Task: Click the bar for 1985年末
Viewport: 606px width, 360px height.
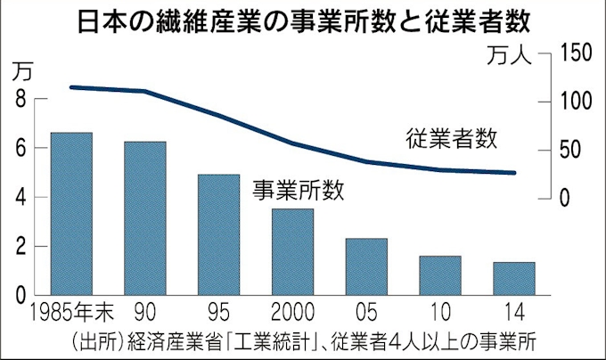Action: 71,213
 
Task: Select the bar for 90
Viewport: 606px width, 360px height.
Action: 145,217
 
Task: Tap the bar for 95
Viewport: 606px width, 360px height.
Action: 219,233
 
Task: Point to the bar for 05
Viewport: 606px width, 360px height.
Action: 366,266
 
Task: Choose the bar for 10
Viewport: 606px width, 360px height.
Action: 440,274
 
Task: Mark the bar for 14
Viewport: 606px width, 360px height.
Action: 513,278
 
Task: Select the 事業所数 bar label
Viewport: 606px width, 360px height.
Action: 297,190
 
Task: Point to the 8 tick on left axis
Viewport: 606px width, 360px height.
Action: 20,100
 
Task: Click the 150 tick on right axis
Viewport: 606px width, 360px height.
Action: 577,53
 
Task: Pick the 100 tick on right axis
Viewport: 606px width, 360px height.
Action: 577,101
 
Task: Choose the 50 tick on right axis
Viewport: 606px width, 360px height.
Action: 573,149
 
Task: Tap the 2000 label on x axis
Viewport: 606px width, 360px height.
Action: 292,314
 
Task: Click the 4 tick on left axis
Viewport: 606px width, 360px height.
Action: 20,197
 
